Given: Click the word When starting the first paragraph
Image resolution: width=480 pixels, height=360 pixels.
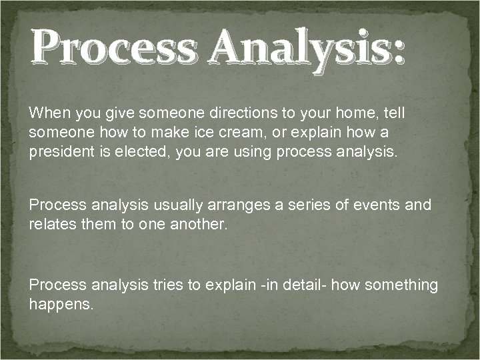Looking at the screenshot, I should pos(49,113).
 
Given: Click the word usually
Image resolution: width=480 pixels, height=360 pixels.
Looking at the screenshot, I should pos(171,205).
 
